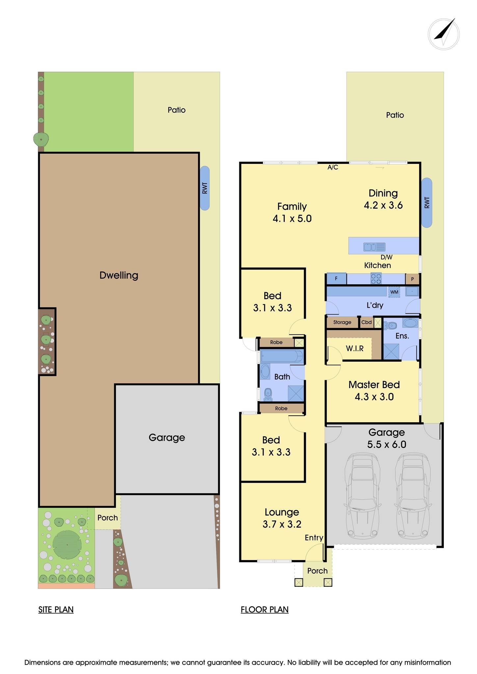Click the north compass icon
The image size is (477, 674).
click(x=444, y=34)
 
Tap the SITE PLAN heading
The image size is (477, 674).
click(x=56, y=609)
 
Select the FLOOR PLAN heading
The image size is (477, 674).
click(x=265, y=609)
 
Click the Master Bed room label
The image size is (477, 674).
click(x=374, y=384)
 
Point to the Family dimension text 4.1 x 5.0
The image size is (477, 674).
click(x=292, y=219)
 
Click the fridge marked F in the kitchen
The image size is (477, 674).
click(x=336, y=279)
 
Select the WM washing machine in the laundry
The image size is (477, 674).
click(x=394, y=292)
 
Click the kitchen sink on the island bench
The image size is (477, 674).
click(x=374, y=247)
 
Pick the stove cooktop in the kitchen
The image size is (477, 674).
click(x=376, y=279)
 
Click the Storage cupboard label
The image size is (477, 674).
click(x=342, y=323)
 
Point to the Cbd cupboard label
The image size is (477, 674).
click(x=366, y=322)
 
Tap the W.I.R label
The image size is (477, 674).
click(x=355, y=349)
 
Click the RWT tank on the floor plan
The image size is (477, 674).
click(x=427, y=203)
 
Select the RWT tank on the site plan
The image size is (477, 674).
click(x=204, y=188)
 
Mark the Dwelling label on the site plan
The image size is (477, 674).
click(x=119, y=275)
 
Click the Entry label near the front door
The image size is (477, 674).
click(x=314, y=538)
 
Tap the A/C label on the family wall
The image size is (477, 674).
click(x=333, y=168)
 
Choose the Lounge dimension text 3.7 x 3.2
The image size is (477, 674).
click(x=282, y=524)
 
